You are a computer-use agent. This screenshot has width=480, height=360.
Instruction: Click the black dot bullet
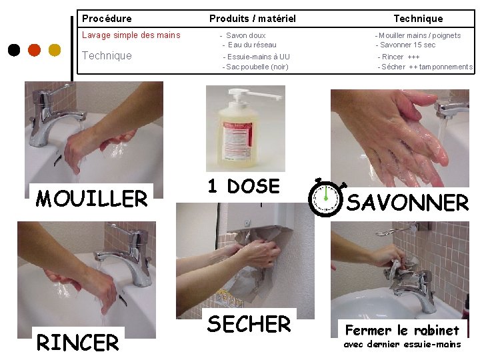[14, 50]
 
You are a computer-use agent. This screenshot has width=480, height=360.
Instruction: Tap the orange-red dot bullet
[34, 50]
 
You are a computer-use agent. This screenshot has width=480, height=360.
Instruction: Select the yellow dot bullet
[55, 50]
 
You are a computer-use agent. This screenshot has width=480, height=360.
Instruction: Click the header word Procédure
[107, 19]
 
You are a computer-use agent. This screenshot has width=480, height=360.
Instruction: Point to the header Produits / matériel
[253, 19]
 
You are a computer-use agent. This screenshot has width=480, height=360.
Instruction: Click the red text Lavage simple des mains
[131, 35]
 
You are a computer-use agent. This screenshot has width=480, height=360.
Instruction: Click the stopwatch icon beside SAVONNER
[326, 197]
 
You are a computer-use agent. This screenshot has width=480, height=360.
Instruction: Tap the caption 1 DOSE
[244, 186]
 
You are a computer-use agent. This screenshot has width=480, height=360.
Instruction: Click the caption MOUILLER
[91, 199]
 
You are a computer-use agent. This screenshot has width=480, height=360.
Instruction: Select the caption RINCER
[77, 342]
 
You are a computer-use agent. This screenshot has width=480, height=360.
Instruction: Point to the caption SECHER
[249, 324]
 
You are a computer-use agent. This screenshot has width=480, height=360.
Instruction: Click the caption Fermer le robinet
[402, 330]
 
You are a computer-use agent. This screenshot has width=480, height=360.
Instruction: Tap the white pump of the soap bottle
[255, 95]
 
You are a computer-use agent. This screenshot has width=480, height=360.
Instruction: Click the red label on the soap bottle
[238, 140]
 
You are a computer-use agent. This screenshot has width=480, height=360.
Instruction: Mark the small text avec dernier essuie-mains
[402, 345]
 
